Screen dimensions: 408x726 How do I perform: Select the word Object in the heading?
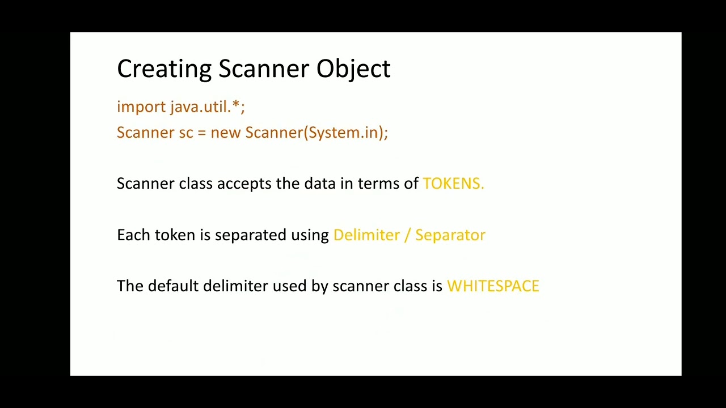point(353,69)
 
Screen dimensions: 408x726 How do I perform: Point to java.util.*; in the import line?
point(208,107)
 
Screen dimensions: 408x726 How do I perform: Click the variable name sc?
point(186,133)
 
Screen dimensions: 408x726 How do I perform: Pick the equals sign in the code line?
point(202,133)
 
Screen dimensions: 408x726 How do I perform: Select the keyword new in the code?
point(226,133)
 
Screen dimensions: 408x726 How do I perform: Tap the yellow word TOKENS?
point(453,184)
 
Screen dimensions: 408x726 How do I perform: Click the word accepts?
point(244,184)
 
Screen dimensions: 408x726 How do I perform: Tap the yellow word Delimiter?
point(366,235)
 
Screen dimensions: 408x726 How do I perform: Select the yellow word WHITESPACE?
point(493,286)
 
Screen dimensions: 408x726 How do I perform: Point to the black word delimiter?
point(235,286)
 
